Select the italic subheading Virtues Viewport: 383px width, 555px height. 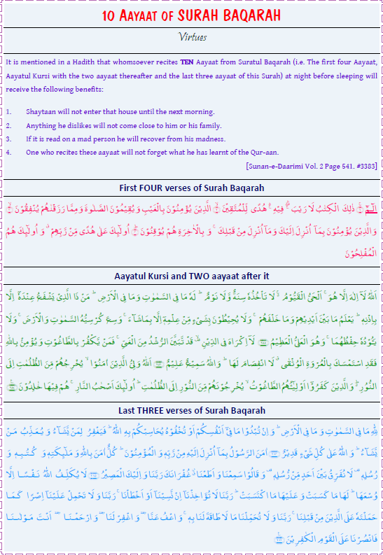point(191,36)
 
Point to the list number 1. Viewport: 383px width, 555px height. point(8,111)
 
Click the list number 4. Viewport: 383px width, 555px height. point(8,152)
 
